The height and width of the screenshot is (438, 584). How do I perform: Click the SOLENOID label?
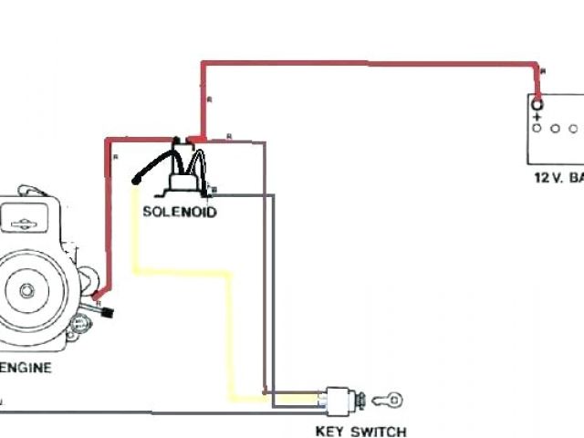point(179,212)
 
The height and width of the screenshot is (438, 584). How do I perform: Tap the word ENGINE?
point(26,369)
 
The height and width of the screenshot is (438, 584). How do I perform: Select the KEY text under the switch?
point(330,432)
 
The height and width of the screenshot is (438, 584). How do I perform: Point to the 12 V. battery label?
point(557,178)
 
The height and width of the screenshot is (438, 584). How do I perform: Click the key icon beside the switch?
point(389,399)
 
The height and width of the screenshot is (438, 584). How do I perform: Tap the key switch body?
point(339,399)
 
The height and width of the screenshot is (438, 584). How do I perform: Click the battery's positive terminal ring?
point(537,104)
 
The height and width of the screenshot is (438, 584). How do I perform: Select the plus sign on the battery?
point(537,118)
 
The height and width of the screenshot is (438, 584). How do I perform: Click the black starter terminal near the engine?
point(107,314)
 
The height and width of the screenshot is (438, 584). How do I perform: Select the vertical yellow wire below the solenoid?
point(137,228)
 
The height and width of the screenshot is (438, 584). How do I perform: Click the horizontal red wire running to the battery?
point(365,63)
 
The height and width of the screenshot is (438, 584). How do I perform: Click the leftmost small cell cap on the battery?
point(537,130)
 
